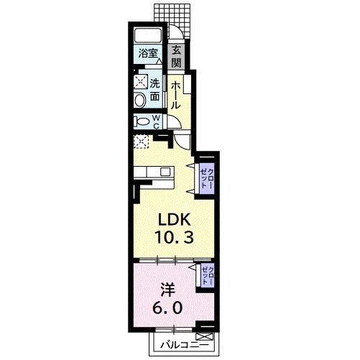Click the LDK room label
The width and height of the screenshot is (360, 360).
(172, 218)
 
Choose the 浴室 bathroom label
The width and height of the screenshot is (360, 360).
(149, 52)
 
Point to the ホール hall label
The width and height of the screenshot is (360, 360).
(176, 93)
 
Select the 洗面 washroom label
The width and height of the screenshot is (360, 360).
(154, 88)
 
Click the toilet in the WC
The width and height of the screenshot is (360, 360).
(142, 122)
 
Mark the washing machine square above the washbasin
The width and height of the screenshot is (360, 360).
(141, 80)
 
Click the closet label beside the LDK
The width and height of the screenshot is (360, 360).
(206, 177)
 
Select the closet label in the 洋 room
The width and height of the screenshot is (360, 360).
(206, 275)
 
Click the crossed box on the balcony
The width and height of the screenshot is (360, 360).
(206, 336)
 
